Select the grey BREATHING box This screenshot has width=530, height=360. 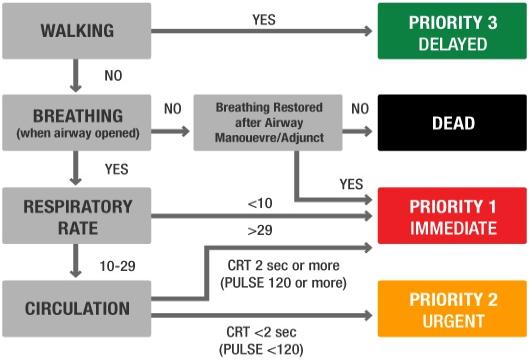pyautogui.click(x=76, y=122)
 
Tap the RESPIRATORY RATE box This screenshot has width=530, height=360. pyautogui.click(x=76, y=215)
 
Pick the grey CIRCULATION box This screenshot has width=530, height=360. pyautogui.click(x=76, y=308)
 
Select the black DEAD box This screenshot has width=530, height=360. pyautogui.click(x=449, y=123)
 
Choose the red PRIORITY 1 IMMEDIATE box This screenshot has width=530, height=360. pyautogui.click(x=449, y=216)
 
